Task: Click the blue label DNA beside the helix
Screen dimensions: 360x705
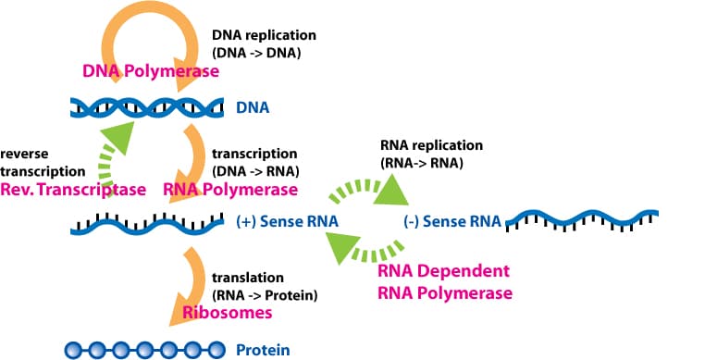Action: tap(253, 108)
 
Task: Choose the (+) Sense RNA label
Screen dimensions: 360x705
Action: tap(287, 222)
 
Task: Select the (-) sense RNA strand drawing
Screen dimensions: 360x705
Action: tap(581, 221)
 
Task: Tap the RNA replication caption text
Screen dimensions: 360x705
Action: tap(431, 155)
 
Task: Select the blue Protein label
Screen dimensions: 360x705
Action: tap(263, 350)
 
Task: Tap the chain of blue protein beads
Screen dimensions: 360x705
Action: tap(142, 350)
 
